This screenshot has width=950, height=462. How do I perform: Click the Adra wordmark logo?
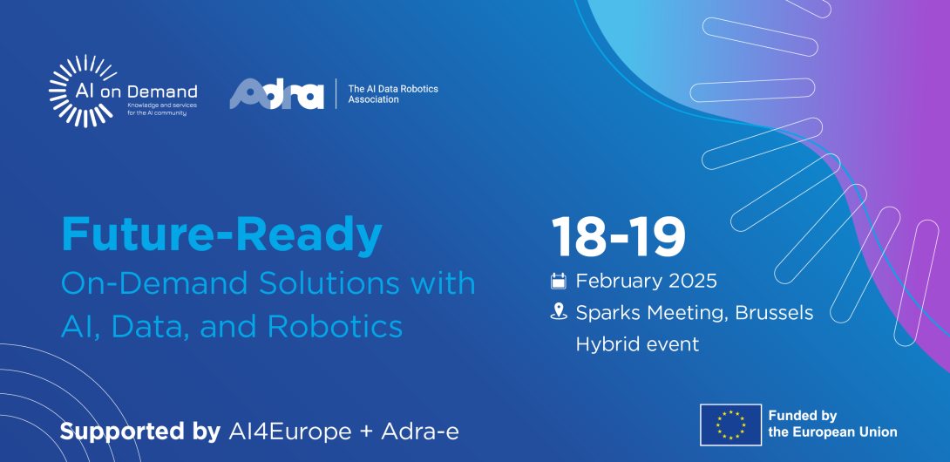tap(276, 94)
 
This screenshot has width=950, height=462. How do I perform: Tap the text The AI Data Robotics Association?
tap(392, 94)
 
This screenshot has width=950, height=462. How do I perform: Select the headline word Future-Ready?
tap(221, 234)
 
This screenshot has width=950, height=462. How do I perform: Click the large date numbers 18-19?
tap(618, 236)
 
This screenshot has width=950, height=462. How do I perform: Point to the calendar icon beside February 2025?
tap(558, 281)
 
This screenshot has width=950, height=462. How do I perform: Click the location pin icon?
tap(558, 312)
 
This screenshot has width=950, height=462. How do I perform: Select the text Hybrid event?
tap(637, 344)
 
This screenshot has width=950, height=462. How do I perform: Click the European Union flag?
tap(730, 425)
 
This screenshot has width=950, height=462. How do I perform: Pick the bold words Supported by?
tap(140, 432)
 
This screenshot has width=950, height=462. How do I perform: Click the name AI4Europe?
tap(290, 432)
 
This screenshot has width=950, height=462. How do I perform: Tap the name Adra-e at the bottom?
tap(420, 432)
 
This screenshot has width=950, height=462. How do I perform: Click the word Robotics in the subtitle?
tap(335, 327)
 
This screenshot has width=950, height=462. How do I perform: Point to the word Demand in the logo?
tap(169, 92)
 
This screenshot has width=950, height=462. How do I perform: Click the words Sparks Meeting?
tap(653, 313)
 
